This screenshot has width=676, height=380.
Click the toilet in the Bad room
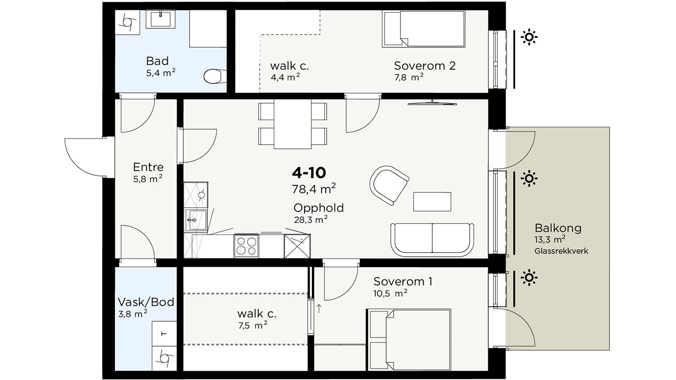coord(215,76)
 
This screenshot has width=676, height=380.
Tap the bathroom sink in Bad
coord(161,19)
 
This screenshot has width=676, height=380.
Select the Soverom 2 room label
coord(425,66)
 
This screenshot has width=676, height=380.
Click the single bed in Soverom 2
coord(423,29)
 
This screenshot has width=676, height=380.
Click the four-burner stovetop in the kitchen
coord(246,246)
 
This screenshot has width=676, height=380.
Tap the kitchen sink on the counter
coord(196,220)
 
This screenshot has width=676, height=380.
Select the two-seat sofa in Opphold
coord(432,239)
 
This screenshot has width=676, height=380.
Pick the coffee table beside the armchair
coord(432,202)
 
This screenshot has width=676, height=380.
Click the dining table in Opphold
coord(292,124)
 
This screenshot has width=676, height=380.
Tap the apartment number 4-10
coord(309,173)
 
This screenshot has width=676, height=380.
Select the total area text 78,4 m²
coord(314,189)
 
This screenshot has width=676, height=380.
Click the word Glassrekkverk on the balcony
coord(562,251)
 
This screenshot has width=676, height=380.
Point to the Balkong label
coord(558,228)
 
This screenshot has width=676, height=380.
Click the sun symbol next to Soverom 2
coord(529,37)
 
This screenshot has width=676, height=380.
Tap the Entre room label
coord(148,167)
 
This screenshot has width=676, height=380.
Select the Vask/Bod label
coord(146,302)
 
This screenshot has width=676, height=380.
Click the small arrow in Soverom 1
coord(319,309)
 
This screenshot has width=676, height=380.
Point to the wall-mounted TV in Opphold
coord(432,103)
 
